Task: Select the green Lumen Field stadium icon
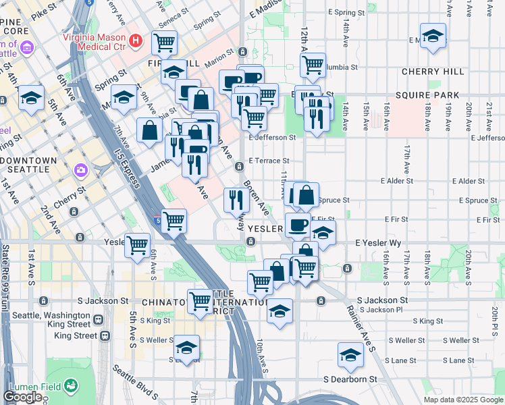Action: tap(70, 386)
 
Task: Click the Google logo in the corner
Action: tap(22, 397)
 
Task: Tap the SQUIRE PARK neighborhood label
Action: tap(437, 95)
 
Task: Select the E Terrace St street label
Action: tap(269, 161)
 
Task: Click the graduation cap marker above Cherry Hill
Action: tap(433, 35)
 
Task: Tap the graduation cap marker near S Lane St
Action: tap(350, 355)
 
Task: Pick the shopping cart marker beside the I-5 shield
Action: tap(174, 219)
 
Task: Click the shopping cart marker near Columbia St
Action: tap(313, 65)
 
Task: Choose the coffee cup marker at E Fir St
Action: tap(298, 225)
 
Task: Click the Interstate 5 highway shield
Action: tap(157, 219)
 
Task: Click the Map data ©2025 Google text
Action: tap(463, 400)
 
